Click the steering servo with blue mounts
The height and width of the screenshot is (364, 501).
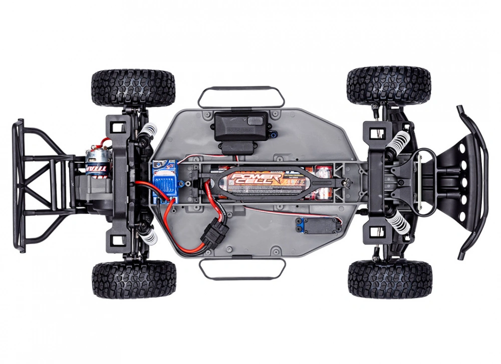(x=317, y=225)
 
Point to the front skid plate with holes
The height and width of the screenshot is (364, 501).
(x=453, y=180)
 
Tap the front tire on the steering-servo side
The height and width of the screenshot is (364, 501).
(x=390, y=278)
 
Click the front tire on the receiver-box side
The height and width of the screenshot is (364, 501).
(x=389, y=85)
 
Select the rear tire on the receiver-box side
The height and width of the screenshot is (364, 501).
(x=133, y=88)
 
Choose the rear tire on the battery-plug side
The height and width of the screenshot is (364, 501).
(x=134, y=278)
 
